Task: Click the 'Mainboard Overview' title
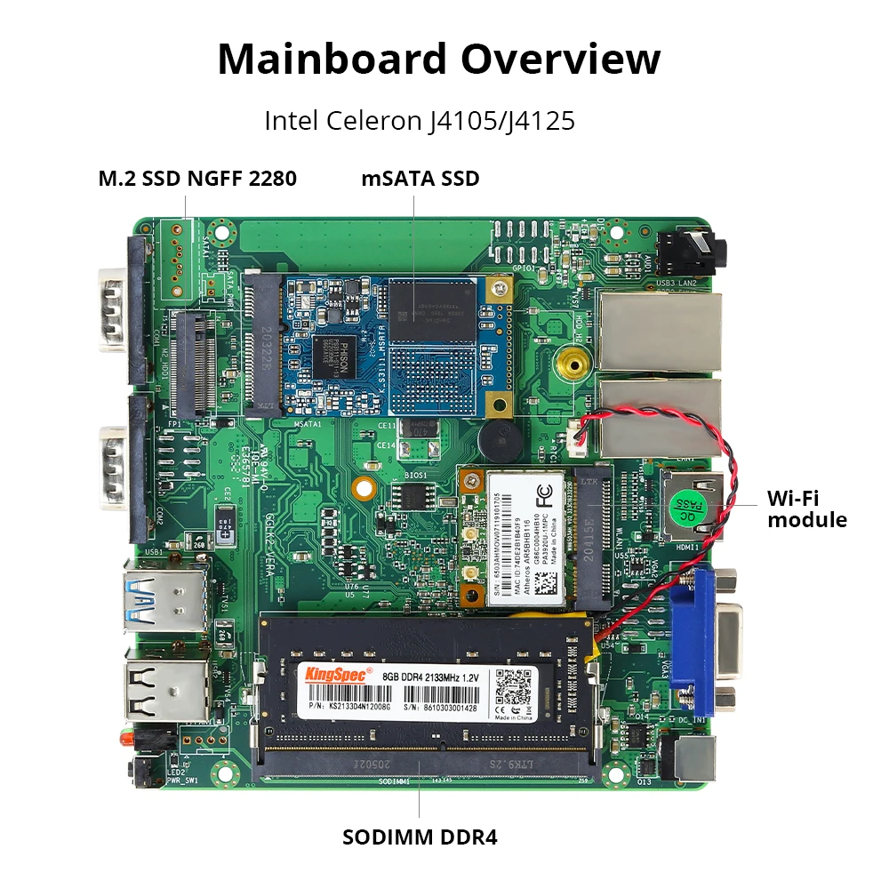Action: (x=439, y=59)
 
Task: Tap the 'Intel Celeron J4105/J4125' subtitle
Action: (x=420, y=120)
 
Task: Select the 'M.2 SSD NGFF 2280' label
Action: (x=197, y=179)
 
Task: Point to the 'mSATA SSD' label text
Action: (x=420, y=179)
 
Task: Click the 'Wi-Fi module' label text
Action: (x=807, y=509)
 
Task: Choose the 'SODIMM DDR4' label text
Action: (x=420, y=837)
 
